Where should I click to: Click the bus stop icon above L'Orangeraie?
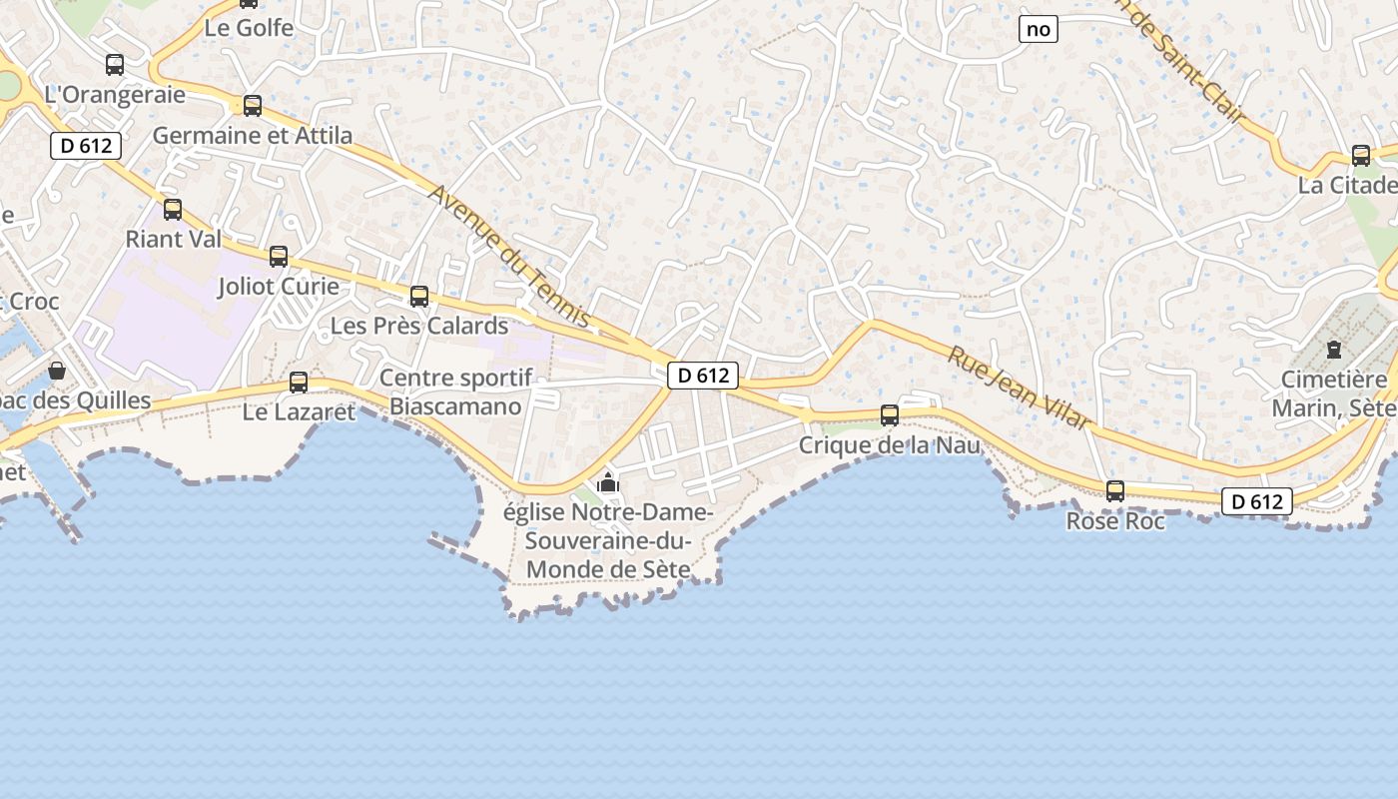(115, 65)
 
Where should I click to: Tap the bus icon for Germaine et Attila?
(253, 105)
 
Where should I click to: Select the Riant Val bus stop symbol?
(173, 209)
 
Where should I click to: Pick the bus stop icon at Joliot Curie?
(279, 257)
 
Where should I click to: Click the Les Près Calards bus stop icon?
(419, 296)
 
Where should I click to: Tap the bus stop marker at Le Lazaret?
(299, 382)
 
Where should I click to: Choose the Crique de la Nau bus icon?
(890, 415)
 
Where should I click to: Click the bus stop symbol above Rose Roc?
(1115, 490)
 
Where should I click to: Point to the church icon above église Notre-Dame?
(608, 483)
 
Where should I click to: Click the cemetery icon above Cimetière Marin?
(1333, 350)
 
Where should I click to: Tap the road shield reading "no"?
(1039, 29)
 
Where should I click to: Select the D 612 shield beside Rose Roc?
(1257, 501)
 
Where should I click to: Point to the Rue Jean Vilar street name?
(1020, 388)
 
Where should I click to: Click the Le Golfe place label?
(249, 28)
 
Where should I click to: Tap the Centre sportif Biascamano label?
(455, 392)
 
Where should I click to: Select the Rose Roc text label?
(1115, 520)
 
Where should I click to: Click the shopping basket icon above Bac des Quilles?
(57, 371)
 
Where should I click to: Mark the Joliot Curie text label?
(279, 287)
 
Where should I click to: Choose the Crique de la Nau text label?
(890, 445)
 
